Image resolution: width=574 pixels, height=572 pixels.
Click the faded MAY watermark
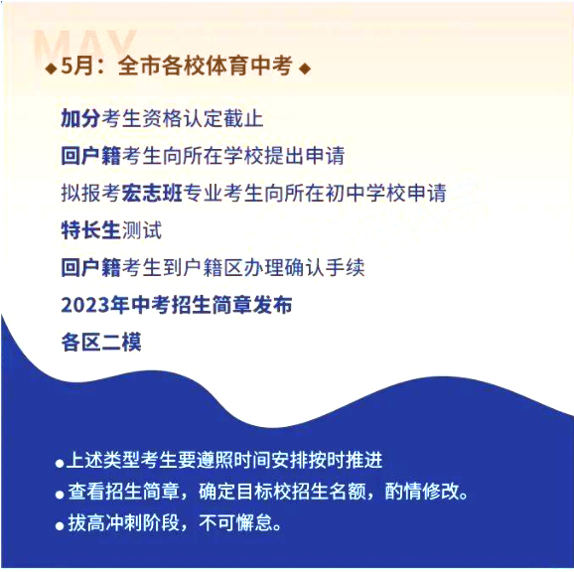(x=85, y=44)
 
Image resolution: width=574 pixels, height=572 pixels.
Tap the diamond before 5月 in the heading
(x=51, y=69)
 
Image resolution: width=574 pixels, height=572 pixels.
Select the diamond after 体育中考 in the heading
(x=305, y=69)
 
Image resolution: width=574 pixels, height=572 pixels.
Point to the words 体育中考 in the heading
(x=248, y=66)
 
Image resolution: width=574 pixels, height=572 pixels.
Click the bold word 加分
(x=80, y=118)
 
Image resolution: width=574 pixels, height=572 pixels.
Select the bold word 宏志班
(x=152, y=193)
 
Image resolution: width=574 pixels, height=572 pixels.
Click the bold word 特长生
(x=90, y=229)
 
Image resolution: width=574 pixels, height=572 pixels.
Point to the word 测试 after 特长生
(x=141, y=229)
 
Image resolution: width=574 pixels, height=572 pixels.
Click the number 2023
(x=85, y=305)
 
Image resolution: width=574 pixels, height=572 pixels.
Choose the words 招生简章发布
(x=231, y=305)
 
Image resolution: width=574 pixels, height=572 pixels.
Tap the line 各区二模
(x=101, y=343)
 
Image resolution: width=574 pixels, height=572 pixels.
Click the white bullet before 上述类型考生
(x=60, y=464)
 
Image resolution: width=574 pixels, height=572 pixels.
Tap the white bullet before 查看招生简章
(x=60, y=495)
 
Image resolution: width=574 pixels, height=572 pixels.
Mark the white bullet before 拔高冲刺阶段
(x=60, y=526)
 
